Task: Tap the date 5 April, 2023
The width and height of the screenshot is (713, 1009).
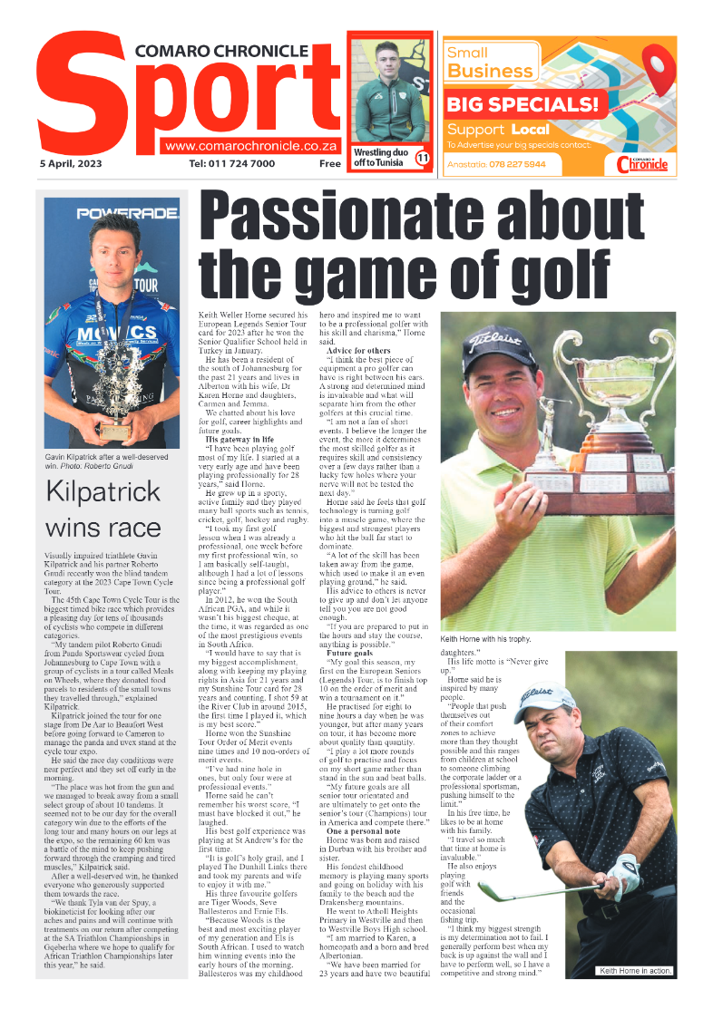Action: coord(71,164)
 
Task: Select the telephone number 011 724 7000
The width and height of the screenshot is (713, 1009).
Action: coord(232,164)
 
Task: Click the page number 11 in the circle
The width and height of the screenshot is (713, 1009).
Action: coord(422,159)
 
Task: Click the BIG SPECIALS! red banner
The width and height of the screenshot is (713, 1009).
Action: coord(523,104)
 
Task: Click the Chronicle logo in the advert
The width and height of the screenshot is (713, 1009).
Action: coord(641,164)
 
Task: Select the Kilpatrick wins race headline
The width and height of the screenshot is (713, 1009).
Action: coord(103,509)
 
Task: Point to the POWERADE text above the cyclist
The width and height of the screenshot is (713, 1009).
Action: coord(113,214)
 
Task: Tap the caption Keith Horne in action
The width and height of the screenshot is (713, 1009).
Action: coord(634,971)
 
